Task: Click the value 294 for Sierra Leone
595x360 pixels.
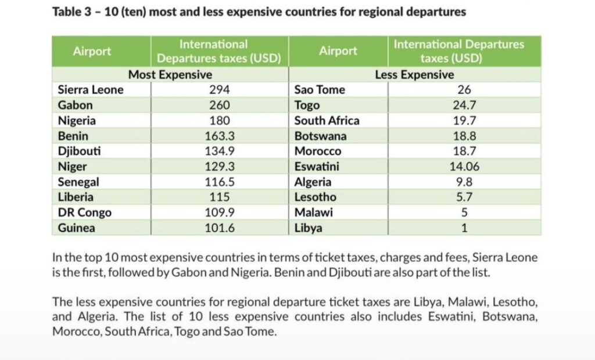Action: (x=219, y=90)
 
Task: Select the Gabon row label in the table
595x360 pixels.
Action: (x=76, y=106)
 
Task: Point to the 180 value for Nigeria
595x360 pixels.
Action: (x=219, y=121)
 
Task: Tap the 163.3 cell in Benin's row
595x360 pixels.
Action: (x=219, y=136)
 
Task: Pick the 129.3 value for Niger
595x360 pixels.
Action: (x=219, y=167)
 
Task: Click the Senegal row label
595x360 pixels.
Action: (x=78, y=182)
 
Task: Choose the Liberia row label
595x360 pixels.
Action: (x=76, y=197)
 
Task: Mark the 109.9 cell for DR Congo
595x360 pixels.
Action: (x=219, y=213)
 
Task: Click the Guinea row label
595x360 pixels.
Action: (x=77, y=228)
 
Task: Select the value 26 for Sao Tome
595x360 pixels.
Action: (x=464, y=90)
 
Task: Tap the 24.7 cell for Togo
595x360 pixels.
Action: (x=464, y=106)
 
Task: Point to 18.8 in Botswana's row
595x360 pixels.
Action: (x=464, y=136)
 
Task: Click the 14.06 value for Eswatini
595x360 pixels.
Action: (x=464, y=167)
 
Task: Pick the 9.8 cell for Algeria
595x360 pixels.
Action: (x=464, y=182)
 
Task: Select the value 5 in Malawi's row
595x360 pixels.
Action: (x=464, y=213)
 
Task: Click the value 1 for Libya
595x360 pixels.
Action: (x=464, y=228)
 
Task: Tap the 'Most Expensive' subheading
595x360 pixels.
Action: (x=170, y=75)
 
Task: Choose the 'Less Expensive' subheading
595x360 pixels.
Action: (x=414, y=75)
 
